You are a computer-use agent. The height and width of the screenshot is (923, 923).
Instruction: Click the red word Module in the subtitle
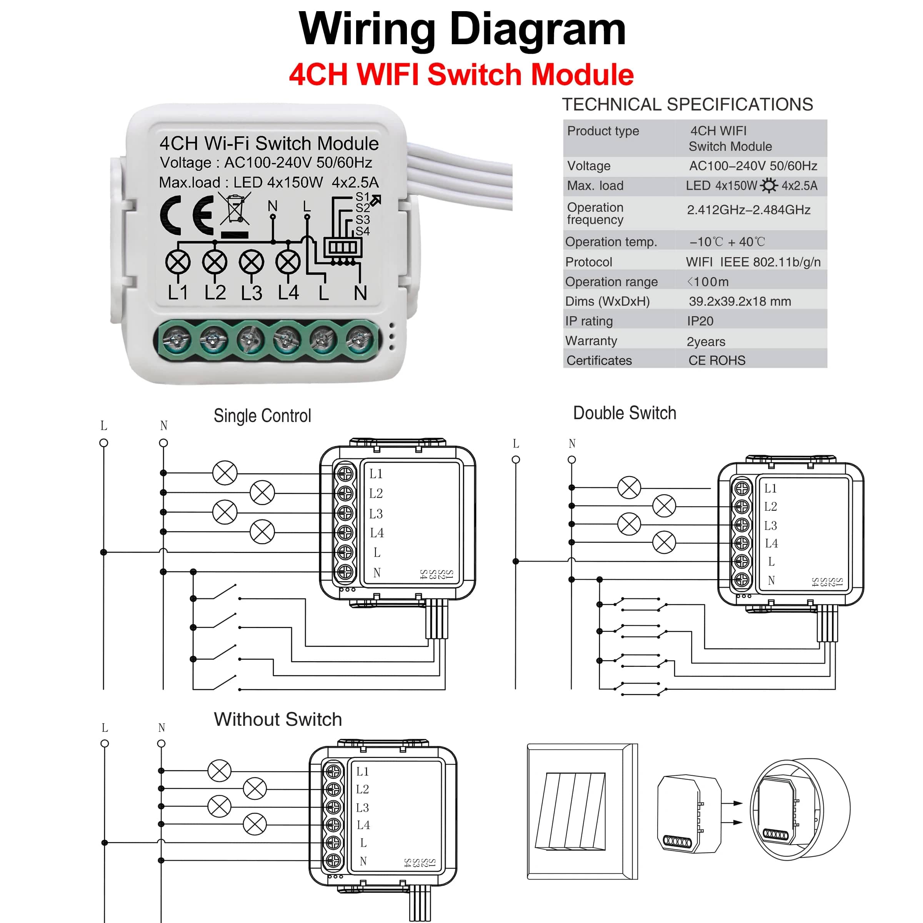pyautogui.click(x=582, y=75)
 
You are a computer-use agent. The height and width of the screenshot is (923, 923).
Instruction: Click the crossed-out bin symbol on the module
pyautogui.click(x=235, y=209)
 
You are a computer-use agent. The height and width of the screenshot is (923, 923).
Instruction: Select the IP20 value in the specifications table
pyautogui.click(x=700, y=321)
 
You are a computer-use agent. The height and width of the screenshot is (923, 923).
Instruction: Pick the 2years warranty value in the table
pyautogui.click(x=706, y=342)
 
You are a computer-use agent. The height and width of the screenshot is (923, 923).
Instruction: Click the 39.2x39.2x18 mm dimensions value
pyautogui.click(x=740, y=302)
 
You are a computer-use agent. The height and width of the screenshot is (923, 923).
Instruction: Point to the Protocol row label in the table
pyautogui.click(x=588, y=262)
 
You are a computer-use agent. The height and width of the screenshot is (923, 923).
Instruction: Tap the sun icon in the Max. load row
pyautogui.click(x=769, y=185)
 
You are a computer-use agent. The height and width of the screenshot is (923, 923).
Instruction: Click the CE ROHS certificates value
pyautogui.click(x=716, y=361)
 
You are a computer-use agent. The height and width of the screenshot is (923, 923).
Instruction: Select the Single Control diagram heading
pyautogui.click(x=262, y=416)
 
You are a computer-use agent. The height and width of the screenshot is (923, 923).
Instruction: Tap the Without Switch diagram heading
pyautogui.click(x=278, y=720)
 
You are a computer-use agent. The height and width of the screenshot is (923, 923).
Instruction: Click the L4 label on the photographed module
pyautogui.click(x=288, y=292)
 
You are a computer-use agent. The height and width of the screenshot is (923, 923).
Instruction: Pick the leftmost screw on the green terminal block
pyautogui.click(x=177, y=340)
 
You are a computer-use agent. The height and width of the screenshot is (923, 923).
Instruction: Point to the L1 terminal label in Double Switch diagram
pyautogui.click(x=770, y=488)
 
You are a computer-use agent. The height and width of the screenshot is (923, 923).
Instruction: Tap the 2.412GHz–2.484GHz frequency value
pyautogui.click(x=748, y=210)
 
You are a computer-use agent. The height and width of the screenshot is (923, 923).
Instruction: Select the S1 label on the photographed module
pyautogui.click(x=363, y=197)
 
